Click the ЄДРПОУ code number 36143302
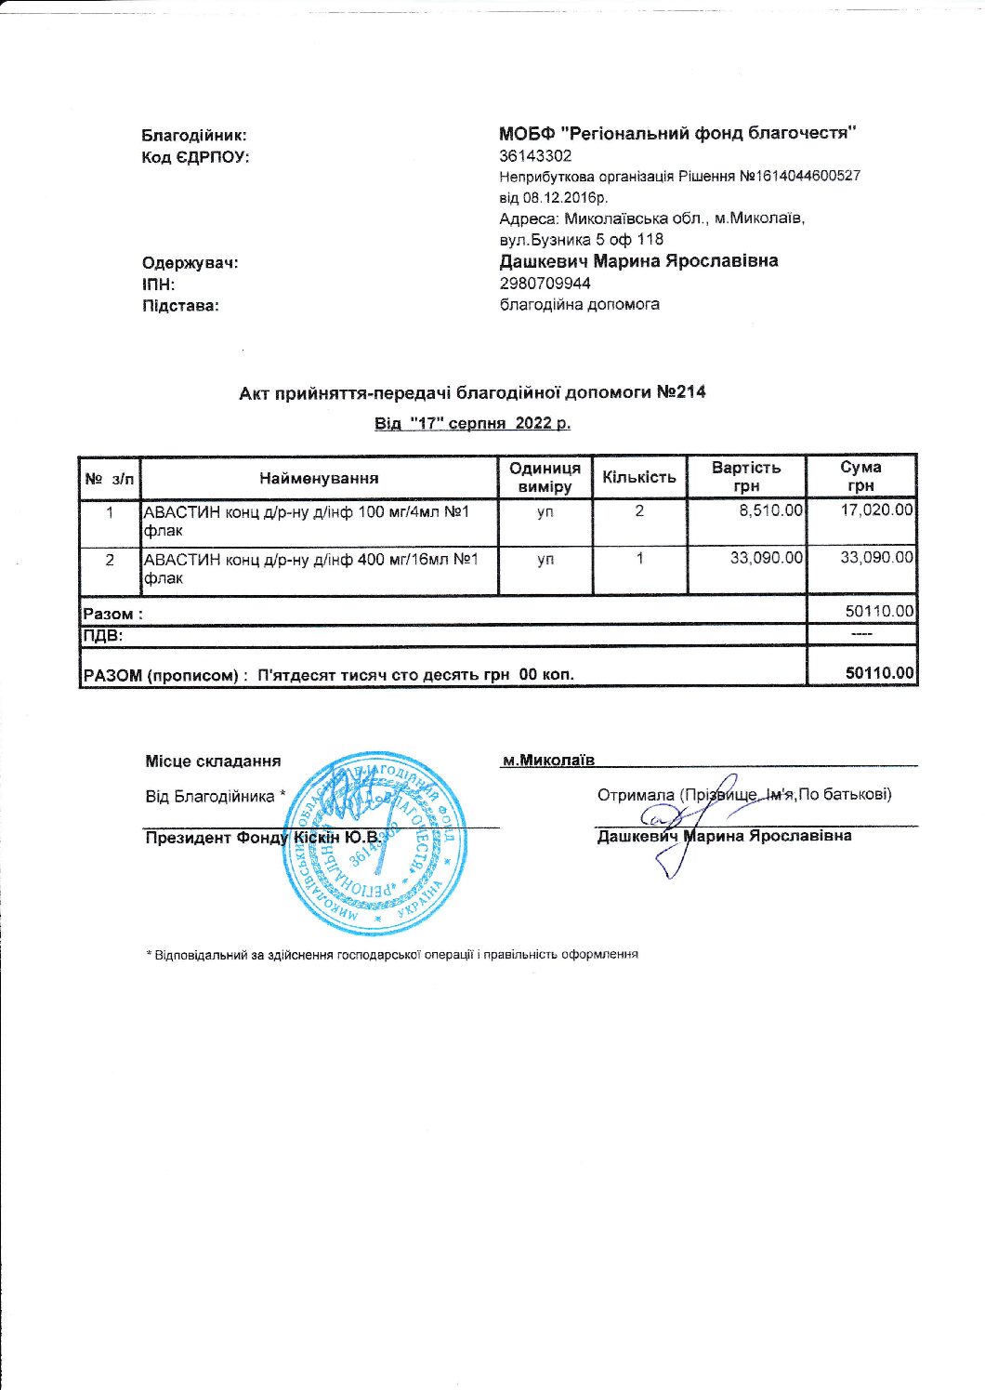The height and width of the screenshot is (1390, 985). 535,156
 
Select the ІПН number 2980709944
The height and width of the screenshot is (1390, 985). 545,284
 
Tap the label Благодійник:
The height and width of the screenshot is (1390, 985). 194,136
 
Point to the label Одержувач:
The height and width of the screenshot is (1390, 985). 190,263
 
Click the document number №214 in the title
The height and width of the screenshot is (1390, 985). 681,392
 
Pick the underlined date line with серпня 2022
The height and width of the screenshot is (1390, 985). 472,424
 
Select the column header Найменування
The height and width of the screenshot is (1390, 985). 319,479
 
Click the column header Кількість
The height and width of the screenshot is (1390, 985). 639,478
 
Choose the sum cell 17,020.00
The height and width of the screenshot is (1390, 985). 876,510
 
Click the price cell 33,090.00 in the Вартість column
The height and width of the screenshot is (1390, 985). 767,558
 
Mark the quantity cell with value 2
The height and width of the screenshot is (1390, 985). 639,510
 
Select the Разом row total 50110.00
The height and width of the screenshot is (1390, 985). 879,612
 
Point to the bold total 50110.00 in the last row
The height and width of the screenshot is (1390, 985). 879,673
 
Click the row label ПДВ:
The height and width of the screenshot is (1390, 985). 103,636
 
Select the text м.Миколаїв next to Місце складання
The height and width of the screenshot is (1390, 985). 547,761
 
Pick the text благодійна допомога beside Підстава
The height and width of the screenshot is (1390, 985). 579,305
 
